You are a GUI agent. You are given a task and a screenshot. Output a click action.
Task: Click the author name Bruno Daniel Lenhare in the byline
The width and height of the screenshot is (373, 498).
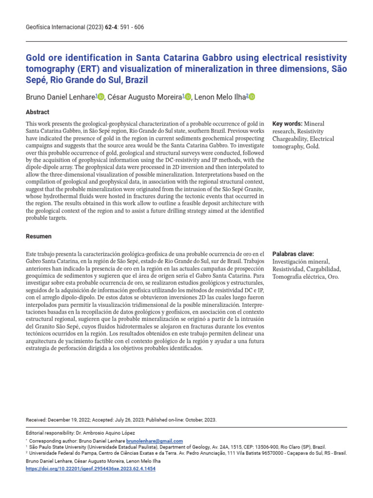coord(60,97)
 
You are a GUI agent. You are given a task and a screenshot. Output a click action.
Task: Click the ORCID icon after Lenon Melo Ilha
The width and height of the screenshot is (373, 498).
coord(252,97)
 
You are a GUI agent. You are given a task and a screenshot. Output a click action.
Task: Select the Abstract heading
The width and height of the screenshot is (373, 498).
coord(37,112)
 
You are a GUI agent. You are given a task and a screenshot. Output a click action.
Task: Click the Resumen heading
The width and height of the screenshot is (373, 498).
coord(38,236)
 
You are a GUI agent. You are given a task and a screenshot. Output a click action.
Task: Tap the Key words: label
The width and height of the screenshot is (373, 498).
coord(288,124)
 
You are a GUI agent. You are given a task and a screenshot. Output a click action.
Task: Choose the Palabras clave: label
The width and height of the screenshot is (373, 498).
coord(293,254)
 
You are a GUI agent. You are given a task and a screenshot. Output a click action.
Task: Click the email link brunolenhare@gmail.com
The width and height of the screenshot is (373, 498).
coord(154,441)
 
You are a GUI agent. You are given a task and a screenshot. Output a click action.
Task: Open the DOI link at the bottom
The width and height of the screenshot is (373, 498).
coord(90,469)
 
